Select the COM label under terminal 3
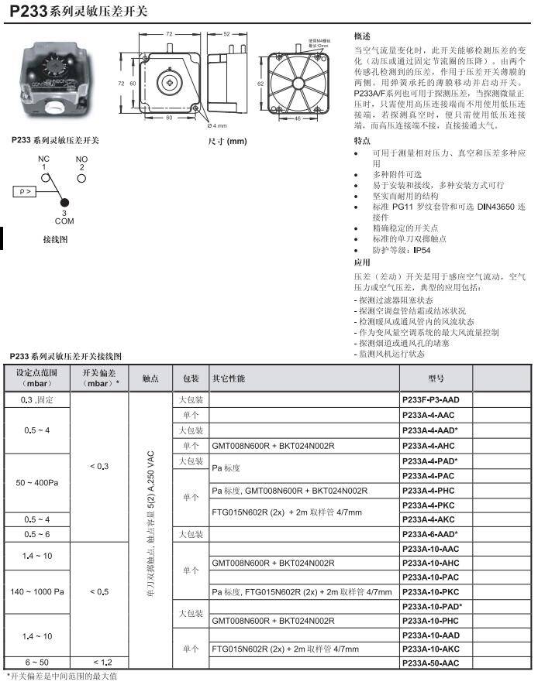tap(64, 221)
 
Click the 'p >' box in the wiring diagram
tap(22, 190)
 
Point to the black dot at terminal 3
tap(64, 204)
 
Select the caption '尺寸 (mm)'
tap(227, 141)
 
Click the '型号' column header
tap(435, 378)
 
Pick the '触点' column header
tap(150, 378)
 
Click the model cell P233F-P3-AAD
tap(431, 400)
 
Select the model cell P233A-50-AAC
tap(431, 663)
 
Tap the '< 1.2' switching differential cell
tap(99, 663)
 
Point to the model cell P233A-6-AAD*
tap(431, 534)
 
